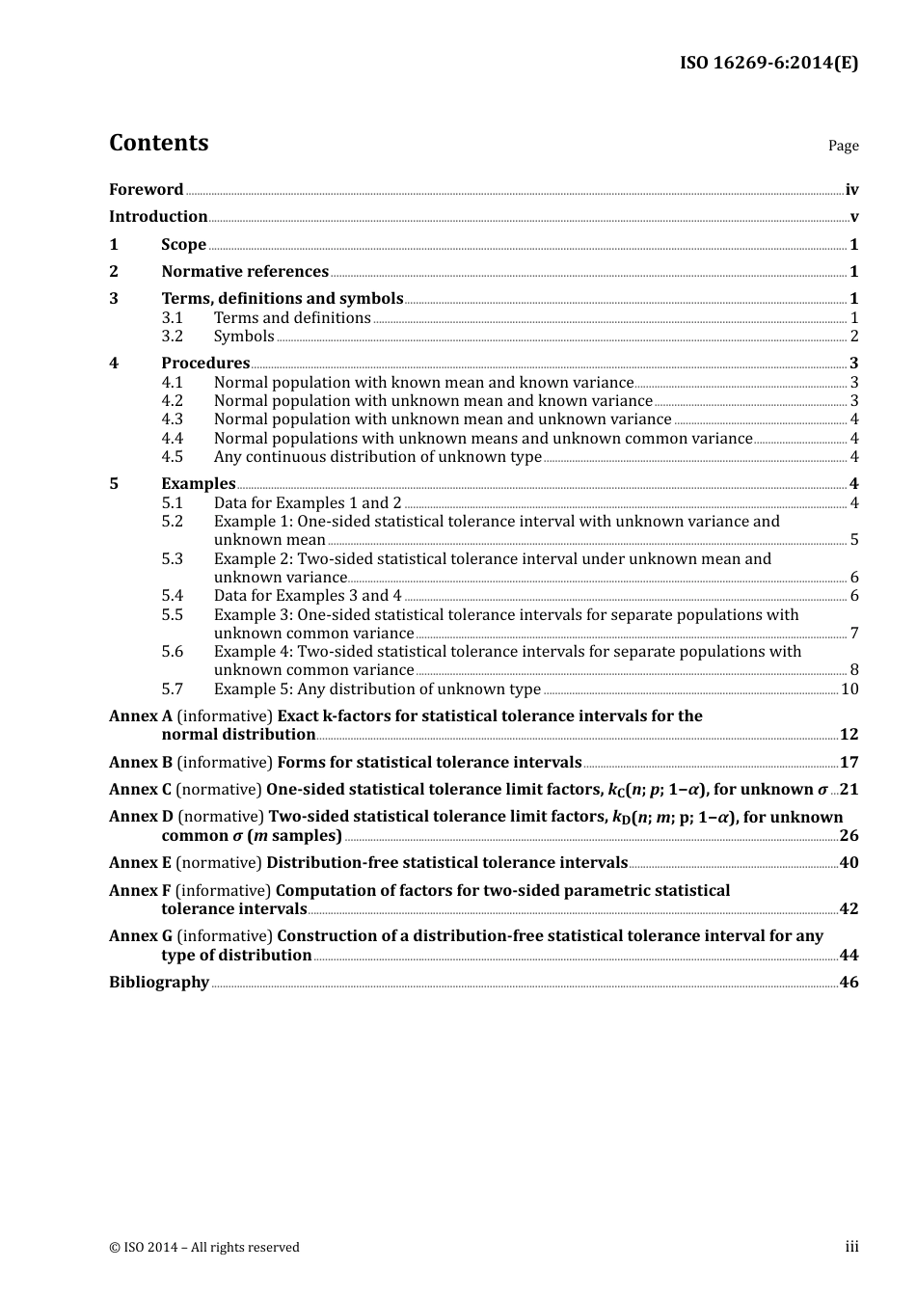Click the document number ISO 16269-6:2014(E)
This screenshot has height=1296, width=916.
point(768,63)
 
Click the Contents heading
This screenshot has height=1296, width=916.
point(158,143)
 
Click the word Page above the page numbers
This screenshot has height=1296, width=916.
point(843,146)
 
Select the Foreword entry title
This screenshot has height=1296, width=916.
point(146,190)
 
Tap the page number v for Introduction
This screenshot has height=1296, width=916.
point(853,217)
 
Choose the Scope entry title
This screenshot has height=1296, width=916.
point(183,245)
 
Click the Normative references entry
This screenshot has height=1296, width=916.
point(245,272)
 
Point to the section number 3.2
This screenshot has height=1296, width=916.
point(172,337)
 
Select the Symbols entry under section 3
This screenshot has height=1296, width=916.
point(244,337)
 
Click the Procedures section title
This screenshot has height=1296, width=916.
point(205,364)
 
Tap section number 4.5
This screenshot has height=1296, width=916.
point(172,457)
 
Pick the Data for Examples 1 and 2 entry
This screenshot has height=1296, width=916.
point(308,503)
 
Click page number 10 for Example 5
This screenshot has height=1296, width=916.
point(849,689)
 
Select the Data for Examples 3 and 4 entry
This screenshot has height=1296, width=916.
point(308,596)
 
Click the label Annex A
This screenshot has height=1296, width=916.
point(141,716)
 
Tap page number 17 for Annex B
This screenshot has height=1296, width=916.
point(849,763)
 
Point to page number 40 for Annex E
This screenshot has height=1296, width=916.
point(849,863)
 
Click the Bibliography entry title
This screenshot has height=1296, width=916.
point(159,983)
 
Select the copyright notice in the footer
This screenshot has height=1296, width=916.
point(204,1248)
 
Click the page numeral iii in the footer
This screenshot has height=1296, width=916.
point(851,1247)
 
